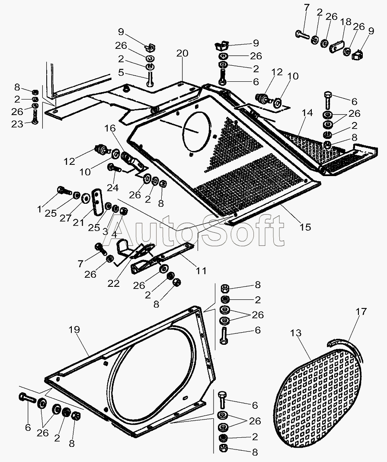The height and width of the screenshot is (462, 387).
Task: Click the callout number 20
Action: pos(182,53)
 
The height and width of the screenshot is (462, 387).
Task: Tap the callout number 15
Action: pos(305,227)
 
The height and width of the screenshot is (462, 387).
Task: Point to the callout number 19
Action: pos(74,330)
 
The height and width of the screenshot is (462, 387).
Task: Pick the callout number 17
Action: pos(361,311)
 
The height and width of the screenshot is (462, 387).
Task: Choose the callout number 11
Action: pos(201,271)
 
